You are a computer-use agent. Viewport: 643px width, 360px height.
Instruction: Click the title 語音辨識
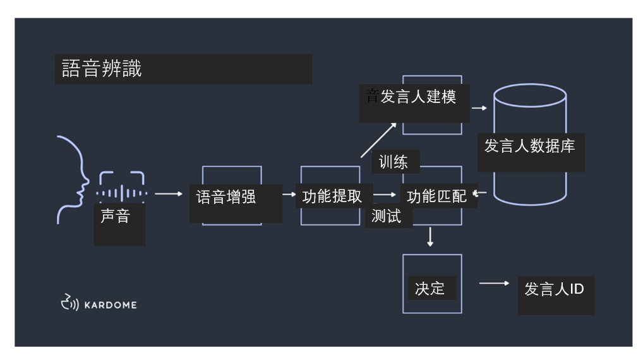pos(102,68)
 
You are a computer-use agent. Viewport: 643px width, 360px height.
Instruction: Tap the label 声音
pos(115,216)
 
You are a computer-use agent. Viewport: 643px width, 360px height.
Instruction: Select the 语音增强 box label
pos(226,196)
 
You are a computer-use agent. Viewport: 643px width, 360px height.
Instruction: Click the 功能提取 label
pos(332,196)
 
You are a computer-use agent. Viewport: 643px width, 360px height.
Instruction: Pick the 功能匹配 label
pos(436,196)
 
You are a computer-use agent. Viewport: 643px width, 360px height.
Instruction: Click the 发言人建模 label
pos(418,97)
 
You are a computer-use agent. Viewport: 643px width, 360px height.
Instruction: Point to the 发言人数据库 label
pos(529,146)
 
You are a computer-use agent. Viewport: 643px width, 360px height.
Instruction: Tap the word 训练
pos(393,162)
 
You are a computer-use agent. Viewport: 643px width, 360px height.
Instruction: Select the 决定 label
pos(430,289)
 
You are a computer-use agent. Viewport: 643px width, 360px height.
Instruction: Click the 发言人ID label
pos(554,289)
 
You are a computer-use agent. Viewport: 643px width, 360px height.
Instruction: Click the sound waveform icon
pos(121,193)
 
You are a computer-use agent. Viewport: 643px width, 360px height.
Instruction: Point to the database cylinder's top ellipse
pos(530,95)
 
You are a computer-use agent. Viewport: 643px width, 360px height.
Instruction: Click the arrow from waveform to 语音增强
pos(169,194)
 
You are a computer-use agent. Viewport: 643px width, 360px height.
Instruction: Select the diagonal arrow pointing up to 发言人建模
pos(380,140)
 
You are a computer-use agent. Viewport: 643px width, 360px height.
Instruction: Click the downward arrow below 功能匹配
pos(431,236)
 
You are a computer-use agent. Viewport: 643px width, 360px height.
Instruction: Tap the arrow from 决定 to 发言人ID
pos(494,284)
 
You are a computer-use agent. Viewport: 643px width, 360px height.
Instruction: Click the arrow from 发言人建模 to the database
pos(479,108)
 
